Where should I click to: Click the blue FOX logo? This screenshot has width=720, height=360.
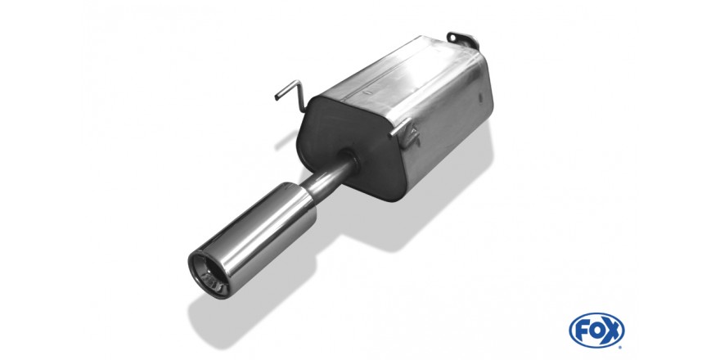pos(596,331)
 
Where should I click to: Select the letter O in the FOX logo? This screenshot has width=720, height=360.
pos(596,331)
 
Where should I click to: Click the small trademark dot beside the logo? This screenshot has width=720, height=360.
pos(621,347)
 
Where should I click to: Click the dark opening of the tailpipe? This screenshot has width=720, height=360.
pos(209,274)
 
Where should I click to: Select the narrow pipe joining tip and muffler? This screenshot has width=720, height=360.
pos(327,178)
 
